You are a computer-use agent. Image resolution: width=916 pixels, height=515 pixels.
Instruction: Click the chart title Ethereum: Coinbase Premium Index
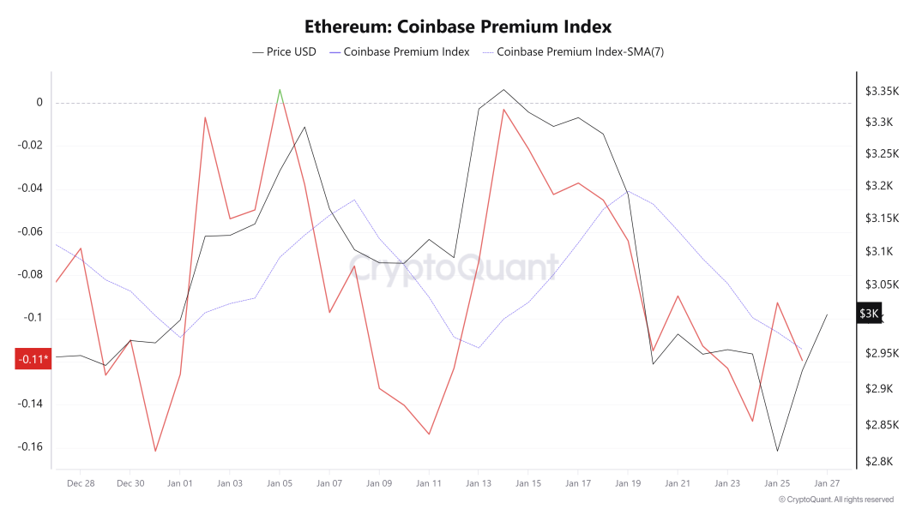click(458, 27)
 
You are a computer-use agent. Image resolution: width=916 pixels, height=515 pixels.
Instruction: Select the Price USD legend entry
click(284, 51)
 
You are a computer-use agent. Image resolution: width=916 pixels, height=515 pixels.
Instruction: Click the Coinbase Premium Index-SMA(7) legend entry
click(573, 51)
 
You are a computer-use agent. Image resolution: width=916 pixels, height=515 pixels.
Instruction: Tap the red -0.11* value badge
click(33, 359)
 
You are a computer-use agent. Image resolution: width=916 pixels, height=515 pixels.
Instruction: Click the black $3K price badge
click(869, 314)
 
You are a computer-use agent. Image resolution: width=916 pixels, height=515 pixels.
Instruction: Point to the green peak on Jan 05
click(280, 90)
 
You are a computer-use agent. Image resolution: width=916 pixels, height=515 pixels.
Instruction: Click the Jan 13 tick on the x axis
click(479, 483)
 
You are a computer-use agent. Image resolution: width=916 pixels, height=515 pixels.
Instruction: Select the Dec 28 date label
click(80, 483)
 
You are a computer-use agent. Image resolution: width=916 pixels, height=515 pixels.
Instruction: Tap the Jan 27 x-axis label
click(826, 483)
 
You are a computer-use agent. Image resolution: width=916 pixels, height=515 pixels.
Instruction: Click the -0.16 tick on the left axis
click(31, 447)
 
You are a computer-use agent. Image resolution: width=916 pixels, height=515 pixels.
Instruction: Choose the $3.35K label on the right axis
click(881, 91)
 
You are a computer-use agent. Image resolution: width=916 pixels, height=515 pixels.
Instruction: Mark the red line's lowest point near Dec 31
click(155, 451)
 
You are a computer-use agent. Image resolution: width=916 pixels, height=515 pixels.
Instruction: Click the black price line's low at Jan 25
click(777, 451)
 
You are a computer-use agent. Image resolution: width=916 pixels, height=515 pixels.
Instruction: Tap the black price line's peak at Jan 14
click(503, 89)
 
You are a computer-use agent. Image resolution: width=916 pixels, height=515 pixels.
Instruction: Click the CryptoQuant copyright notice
click(835, 500)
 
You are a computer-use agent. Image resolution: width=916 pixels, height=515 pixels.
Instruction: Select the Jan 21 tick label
click(678, 483)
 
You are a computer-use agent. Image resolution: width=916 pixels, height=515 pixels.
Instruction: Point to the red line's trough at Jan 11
click(429, 434)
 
